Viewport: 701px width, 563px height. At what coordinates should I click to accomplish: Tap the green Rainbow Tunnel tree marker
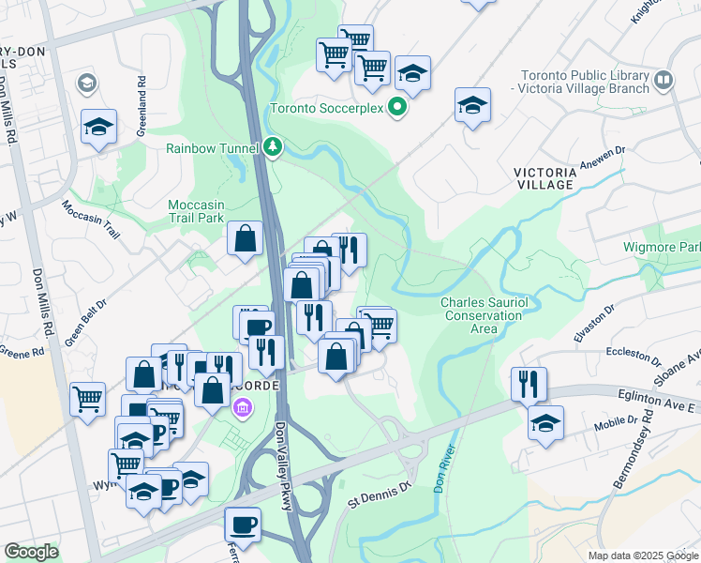[273, 147]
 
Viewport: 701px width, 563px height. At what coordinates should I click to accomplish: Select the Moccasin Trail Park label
[197, 211]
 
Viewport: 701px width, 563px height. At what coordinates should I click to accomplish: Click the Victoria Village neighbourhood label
[557, 178]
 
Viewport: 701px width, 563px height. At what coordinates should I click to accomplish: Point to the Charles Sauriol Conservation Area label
[483, 315]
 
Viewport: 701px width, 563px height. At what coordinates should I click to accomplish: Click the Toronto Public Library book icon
[664, 81]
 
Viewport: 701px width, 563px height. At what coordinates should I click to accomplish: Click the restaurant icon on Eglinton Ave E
[529, 383]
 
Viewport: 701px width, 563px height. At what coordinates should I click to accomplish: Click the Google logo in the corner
[31, 552]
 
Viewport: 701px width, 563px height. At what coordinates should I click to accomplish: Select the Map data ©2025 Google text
[643, 555]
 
